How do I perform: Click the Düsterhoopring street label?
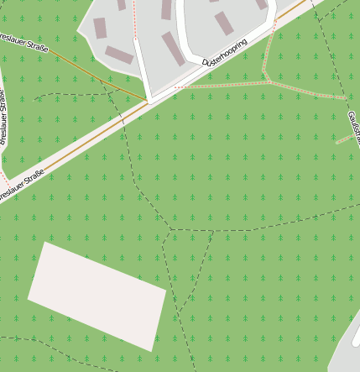[x=226, y=52]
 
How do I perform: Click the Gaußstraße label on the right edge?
[x=354, y=126]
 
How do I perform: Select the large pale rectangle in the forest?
[x=97, y=295]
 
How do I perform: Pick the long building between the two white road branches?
[x=173, y=49]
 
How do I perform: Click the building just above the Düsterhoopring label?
[x=223, y=24]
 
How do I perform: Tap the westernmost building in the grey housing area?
[x=100, y=28]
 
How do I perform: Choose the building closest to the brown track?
[x=119, y=55]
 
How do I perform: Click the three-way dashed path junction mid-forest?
[x=170, y=229]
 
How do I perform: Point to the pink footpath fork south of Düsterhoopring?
[x=269, y=81]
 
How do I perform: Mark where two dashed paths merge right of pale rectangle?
[x=178, y=312]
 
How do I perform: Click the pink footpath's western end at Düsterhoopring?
[x=175, y=87]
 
